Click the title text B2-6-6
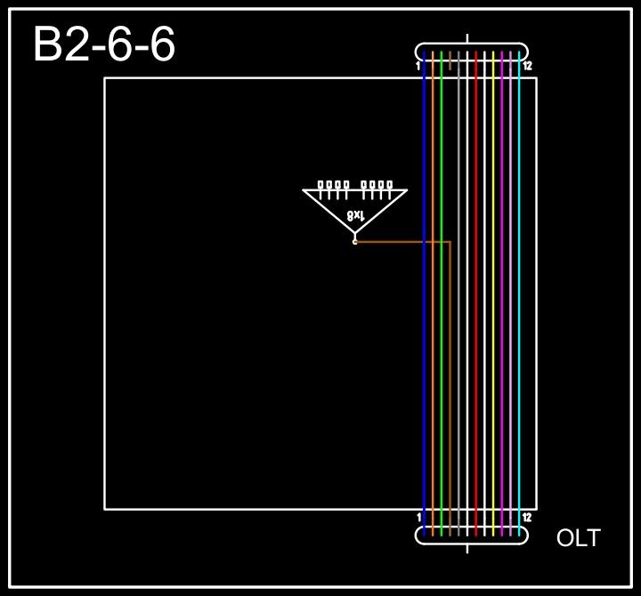tap(104, 45)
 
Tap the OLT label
tap(578, 538)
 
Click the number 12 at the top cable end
tap(528, 66)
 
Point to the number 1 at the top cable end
tap(418, 66)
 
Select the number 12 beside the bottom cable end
tap(528, 517)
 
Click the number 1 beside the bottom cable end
tap(419, 517)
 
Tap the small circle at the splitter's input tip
tap(355, 241)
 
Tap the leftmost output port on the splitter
tap(321, 186)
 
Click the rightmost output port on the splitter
tap(389, 186)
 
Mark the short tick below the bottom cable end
tap(467, 548)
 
